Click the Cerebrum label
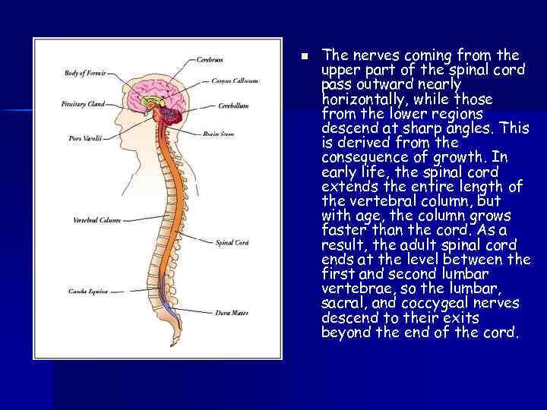coord(210,58)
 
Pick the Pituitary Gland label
coord(84,103)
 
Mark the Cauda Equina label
coord(89,291)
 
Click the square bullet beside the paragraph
coord(303,55)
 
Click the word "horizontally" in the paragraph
coord(354,99)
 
